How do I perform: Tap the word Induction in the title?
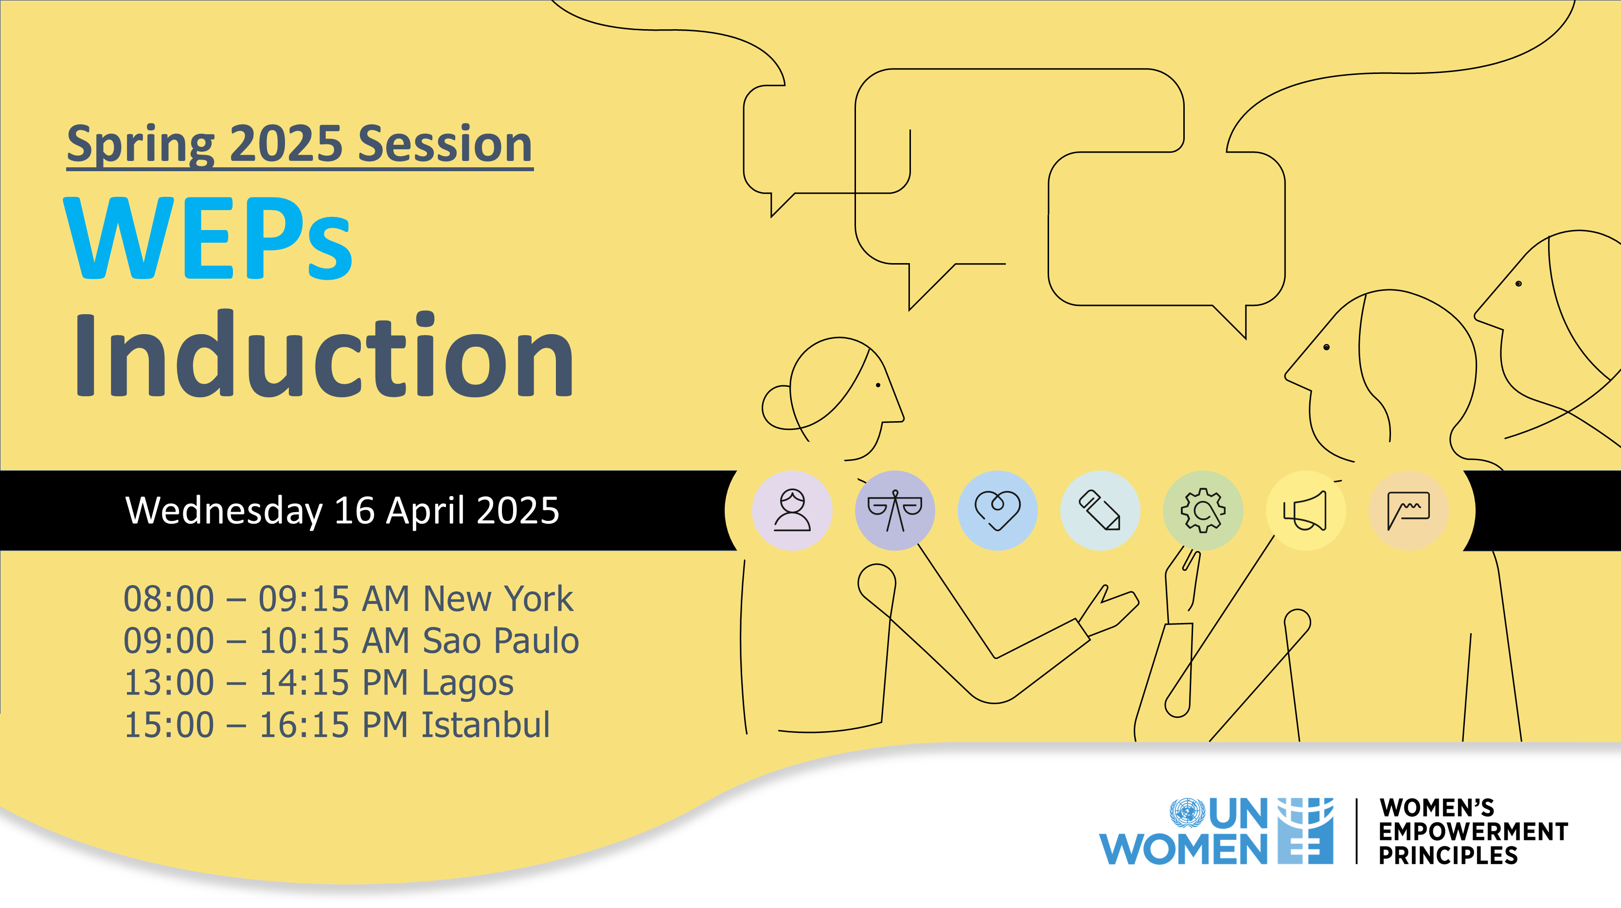(324, 356)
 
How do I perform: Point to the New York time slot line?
(348, 598)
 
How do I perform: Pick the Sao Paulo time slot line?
(351, 641)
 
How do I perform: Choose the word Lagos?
(467, 683)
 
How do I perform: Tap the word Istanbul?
(485, 725)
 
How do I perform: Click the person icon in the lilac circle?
(792, 510)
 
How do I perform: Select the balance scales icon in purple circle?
(895, 510)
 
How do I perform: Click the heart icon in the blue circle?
(998, 510)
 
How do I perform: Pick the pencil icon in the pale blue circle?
(1100, 510)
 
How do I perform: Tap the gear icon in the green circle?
(1203, 510)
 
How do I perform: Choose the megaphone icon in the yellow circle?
(1306, 510)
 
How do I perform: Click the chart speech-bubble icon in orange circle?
(1408, 510)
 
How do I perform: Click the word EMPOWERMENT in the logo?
(1473, 832)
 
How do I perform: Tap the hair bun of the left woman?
(777, 408)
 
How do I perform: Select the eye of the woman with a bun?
(878, 385)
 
